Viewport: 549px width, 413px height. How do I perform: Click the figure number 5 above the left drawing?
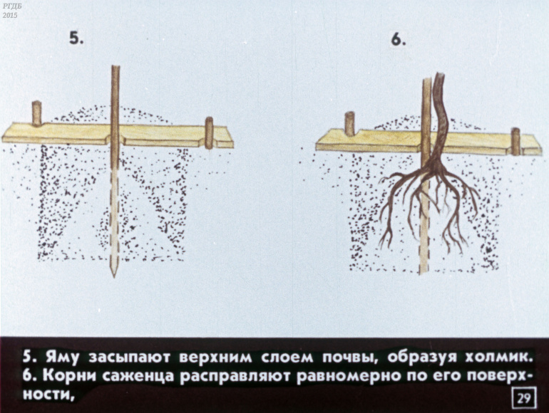(76, 38)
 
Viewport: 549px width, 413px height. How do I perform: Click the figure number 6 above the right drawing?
(399, 40)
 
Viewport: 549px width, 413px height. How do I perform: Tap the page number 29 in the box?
(524, 397)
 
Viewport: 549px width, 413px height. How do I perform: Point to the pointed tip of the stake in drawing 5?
(114, 276)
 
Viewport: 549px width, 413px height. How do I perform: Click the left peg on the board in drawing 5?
(37, 113)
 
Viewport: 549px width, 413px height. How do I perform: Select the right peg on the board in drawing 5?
(209, 133)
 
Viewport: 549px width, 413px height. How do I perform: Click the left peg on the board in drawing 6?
(349, 124)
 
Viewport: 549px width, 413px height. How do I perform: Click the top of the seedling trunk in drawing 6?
(440, 74)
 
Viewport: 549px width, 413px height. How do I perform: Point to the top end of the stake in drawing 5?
(116, 66)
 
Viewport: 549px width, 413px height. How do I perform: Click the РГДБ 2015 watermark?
(10, 11)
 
